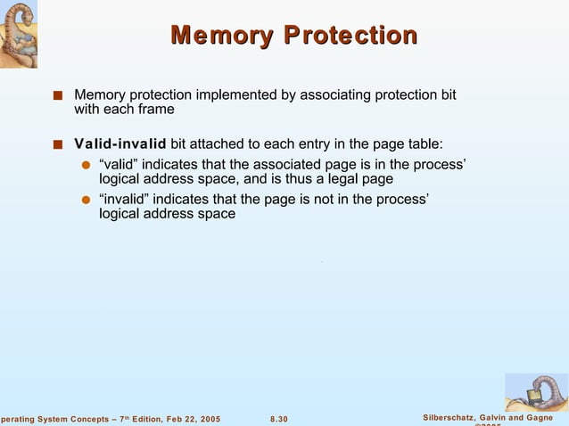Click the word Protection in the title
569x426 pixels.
click(x=350, y=37)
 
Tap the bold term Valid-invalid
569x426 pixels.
click(x=120, y=144)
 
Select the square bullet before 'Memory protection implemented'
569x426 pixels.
click(x=58, y=94)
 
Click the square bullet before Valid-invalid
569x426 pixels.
click(x=58, y=145)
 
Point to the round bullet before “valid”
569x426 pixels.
click(x=87, y=165)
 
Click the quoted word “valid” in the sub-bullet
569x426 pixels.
click(x=119, y=164)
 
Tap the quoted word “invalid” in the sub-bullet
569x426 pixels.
click(x=123, y=199)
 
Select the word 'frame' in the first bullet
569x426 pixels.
click(x=155, y=110)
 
